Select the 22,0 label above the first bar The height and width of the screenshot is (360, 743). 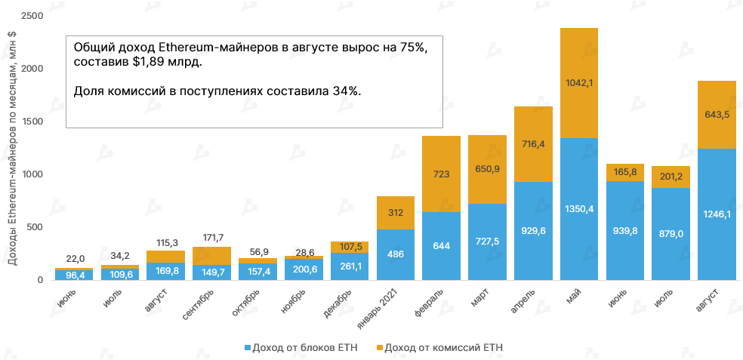pos(76,259)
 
